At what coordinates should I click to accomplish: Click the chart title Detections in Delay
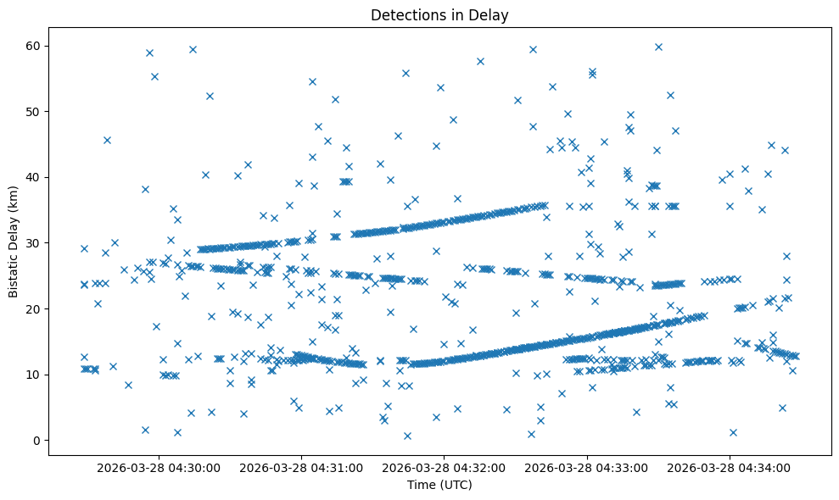coord(439,14)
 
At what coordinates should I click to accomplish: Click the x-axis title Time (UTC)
coord(439,486)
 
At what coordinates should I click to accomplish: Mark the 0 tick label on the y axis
coord(38,441)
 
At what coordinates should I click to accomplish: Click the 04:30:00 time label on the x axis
coord(159,467)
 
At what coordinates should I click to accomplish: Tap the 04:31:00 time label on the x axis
coord(302,467)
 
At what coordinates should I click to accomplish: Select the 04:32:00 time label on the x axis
coord(445,467)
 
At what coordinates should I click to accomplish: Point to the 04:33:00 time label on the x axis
coord(588,467)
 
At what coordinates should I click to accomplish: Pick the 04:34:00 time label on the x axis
coord(730,467)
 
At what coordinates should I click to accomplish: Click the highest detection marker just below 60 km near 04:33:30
coord(658,47)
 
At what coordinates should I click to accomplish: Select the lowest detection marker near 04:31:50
coord(407,436)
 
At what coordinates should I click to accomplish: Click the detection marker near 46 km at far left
coord(107,140)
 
